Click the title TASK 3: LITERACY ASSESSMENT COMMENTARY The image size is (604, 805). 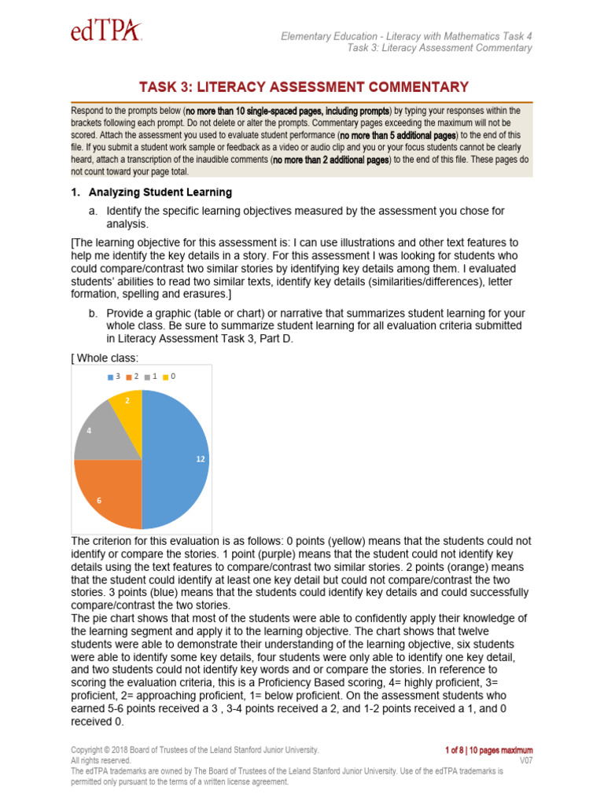point(304,87)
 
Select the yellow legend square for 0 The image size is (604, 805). point(165,377)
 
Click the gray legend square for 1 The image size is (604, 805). point(146,377)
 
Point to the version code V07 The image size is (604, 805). point(525,761)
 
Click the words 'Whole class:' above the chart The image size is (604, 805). point(108,358)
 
